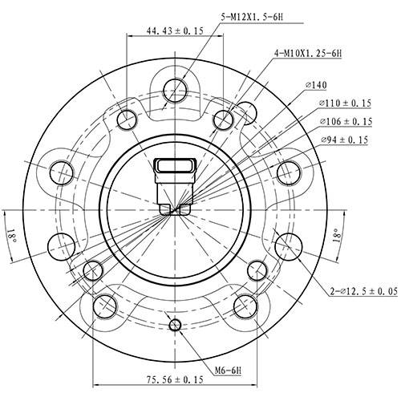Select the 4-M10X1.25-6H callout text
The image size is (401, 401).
(x=307, y=54)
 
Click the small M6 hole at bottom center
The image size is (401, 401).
(x=175, y=324)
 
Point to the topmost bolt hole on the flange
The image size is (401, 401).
(x=175, y=88)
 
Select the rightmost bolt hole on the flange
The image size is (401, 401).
(x=289, y=170)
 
